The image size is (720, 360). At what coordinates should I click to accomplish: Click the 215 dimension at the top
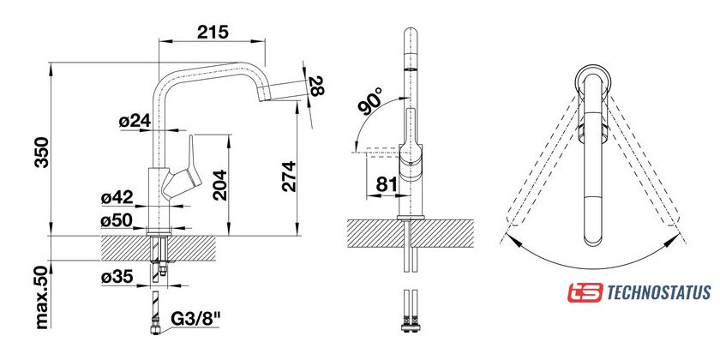pos(213,32)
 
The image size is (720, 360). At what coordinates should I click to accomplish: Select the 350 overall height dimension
pos(42,152)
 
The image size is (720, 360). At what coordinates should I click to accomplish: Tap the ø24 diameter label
pos(134,121)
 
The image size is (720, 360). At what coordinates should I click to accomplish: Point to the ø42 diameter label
pos(117,197)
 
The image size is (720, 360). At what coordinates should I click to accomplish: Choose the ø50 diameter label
pos(117,220)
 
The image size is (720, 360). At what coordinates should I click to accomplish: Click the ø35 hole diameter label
pos(117,277)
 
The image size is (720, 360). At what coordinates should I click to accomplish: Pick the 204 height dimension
pos(220,184)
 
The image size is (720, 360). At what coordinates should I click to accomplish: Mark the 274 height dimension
pos(289,177)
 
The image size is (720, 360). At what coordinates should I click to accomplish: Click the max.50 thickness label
pos(42,297)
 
